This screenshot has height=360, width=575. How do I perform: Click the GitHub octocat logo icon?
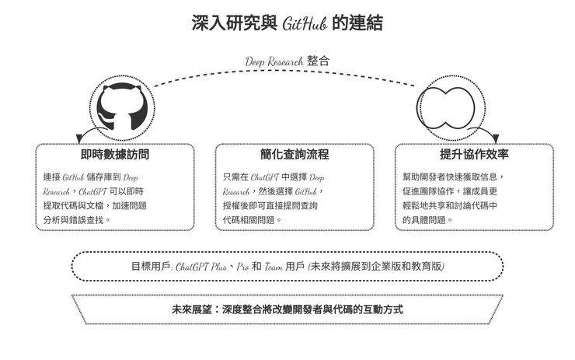click(x=119, y=104)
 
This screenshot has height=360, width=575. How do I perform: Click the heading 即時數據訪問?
click(x=114, y=155)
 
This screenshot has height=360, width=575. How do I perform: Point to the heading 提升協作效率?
click(x=474, y=155)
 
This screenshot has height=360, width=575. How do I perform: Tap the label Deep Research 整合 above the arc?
click(x=287, y=61)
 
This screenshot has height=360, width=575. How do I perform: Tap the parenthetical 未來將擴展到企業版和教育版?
click(x=377, y=266)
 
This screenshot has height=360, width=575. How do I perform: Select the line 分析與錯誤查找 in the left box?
click(x=78, y=220)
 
